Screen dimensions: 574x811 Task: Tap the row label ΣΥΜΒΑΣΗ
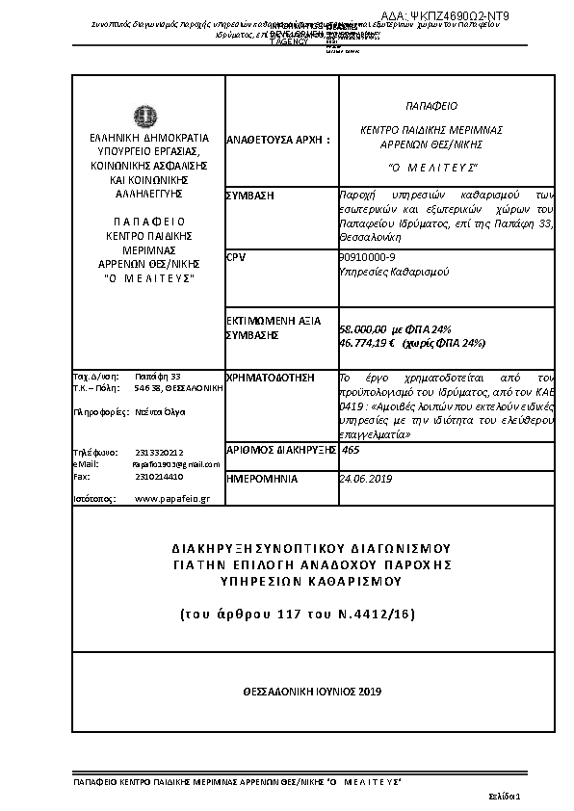click(x=249, y=196)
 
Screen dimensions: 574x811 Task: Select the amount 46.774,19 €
click(x=365, y=342)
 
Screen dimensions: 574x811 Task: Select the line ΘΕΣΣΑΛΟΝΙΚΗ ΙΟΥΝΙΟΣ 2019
click(x=313, y=692)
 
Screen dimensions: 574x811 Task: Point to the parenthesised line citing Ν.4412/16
click(x=312, y=613)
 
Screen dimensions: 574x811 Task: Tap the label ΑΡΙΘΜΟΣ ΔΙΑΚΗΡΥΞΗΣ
click(x=276, y=450)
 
